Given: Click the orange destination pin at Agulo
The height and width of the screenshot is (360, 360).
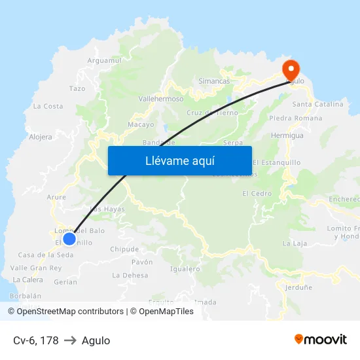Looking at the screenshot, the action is click(x=290, y=69).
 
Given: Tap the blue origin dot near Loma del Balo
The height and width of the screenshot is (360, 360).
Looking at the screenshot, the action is click(x=69, y=238).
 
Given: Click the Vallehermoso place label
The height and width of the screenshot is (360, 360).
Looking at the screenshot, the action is click(x=161, y=98).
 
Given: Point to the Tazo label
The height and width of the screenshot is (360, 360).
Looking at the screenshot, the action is click(x=77, y=88).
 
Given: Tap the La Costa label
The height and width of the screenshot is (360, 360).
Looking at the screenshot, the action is click(x=48, y=106).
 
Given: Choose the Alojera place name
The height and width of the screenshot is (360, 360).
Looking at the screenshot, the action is click(x=41, y=137).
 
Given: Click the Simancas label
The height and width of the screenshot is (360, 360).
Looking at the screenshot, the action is click(x=214, y=81).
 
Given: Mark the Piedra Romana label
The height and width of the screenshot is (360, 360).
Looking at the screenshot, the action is click(x=295, y=118).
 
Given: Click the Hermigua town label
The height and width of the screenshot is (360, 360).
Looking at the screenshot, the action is click(x=287, y=135).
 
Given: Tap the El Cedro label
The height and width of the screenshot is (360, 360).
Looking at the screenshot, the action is click(x=257, y=194).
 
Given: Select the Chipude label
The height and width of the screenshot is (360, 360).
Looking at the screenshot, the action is click(x=124, y=249).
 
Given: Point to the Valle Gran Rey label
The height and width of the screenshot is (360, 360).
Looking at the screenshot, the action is click(x=36, y=268).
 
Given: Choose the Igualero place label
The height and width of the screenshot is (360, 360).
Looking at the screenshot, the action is click(x=185, y=268).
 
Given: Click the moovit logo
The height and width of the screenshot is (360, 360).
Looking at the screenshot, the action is click(x=320, y=339).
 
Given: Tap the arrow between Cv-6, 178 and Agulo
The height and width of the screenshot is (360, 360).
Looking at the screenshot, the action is click(x=70, y=340).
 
